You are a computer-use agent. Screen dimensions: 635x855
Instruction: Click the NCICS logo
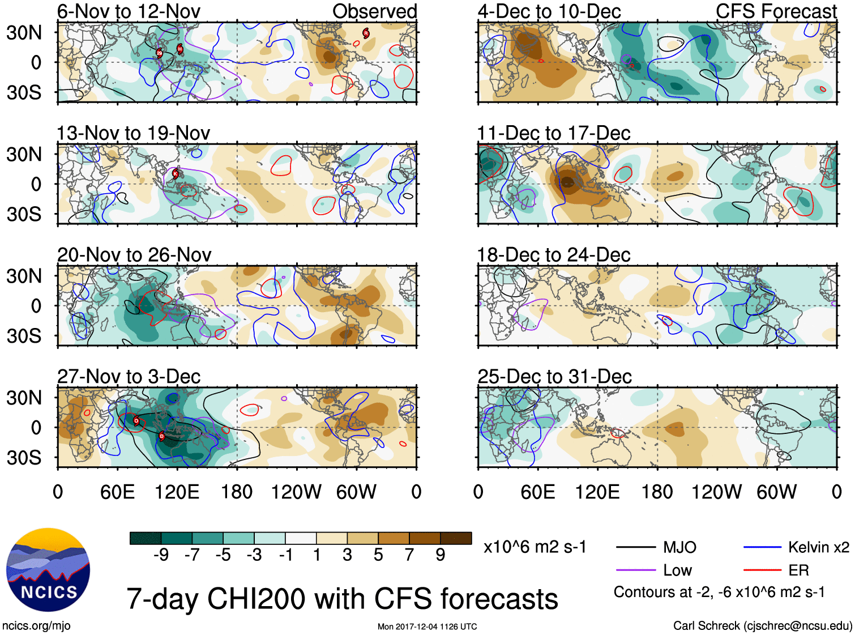pos(48,570)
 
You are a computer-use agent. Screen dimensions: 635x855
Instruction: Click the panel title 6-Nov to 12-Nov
pos(129,11)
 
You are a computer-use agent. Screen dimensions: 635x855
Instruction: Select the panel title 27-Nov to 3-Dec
pos(129,377)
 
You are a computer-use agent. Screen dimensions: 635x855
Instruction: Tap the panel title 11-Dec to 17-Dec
pos(553,133)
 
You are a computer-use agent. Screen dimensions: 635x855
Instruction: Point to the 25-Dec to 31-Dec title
pos(554,377)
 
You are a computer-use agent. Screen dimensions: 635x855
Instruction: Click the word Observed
pos(374,11)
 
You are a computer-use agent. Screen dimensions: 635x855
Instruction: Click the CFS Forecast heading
pos(776,11)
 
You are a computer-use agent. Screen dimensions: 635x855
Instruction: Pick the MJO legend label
pos(679,547)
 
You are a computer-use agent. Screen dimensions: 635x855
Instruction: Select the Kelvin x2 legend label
pos(818,547)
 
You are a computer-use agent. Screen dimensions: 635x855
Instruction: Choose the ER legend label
pos(798,570)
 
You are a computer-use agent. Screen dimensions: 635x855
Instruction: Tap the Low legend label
pos(677,570)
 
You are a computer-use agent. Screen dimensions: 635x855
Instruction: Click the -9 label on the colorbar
pos(161,555)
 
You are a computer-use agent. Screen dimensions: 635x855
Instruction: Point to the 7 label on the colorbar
pos(409,555)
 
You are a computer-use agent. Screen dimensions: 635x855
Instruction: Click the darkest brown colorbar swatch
pos(456,538)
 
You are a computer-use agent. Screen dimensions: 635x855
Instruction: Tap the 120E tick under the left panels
pos(177,492)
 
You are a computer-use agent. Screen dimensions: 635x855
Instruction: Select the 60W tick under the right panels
pos(776,492)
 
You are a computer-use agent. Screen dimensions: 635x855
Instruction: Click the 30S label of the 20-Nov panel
pos(24,336)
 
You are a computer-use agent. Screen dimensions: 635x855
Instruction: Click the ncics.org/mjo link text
pos(36,626)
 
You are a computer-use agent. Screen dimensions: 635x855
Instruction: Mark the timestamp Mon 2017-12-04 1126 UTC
pos(427,627)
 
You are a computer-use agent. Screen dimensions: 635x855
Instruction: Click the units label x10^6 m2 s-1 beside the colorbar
pos(535,547)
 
